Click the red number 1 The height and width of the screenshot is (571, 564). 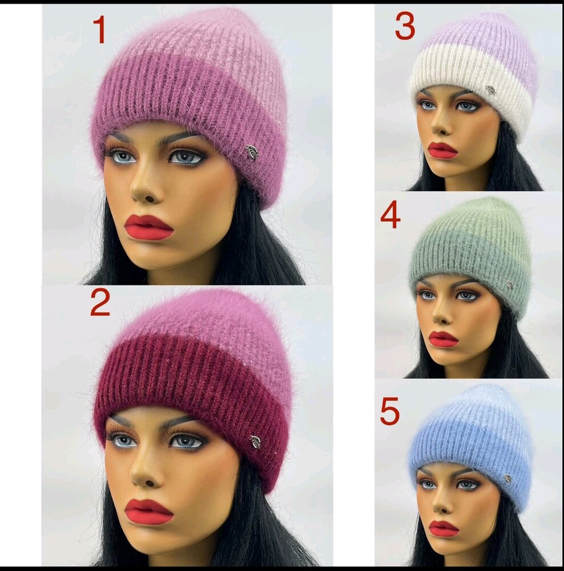tap(99, 30)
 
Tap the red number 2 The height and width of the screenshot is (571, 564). tap(100, 303)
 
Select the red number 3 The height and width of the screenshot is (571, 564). tap(405, 26)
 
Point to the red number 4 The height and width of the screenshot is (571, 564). tap(390, 216)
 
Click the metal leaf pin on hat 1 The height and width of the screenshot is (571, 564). tap(251, 152)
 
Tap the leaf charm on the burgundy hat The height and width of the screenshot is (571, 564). tap(255, 442)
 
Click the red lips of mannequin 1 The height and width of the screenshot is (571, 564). tap(148, 227)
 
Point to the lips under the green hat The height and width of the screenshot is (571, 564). tap(443, 339)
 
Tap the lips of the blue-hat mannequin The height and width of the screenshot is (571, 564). tap(444, 529)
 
